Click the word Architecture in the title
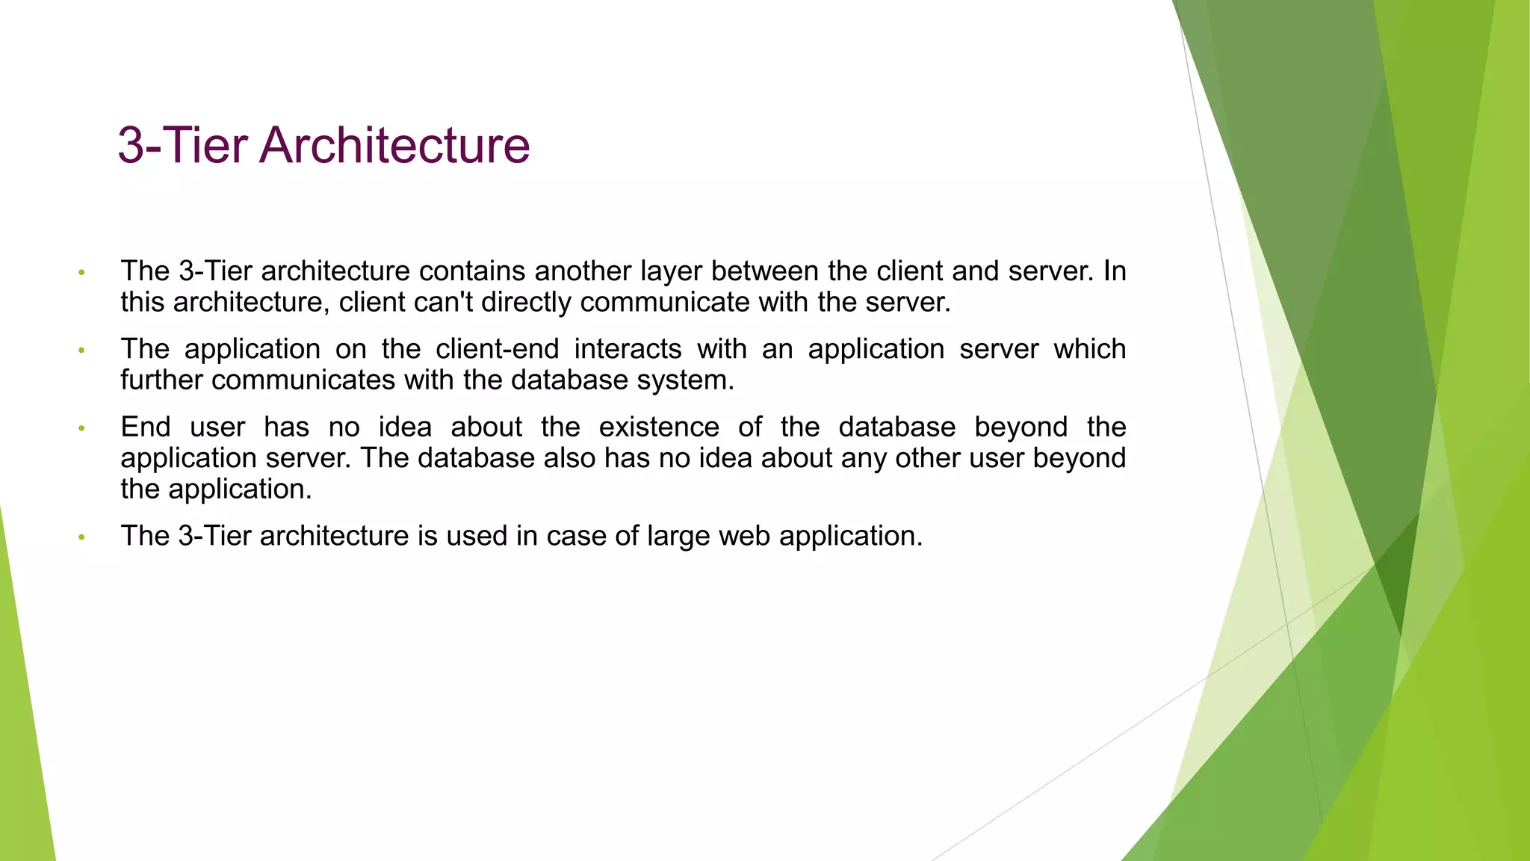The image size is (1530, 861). pos(394,145)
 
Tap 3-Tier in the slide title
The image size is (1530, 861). pos(182,145)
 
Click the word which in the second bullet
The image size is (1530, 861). pos(1089,350)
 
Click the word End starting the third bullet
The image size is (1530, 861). pos(146,428)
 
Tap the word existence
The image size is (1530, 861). pos(659,428)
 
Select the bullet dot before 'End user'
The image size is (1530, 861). pos(82,429)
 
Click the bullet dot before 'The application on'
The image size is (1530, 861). pos(82,351)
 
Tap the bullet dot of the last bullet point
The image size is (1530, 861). pos(82,537)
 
